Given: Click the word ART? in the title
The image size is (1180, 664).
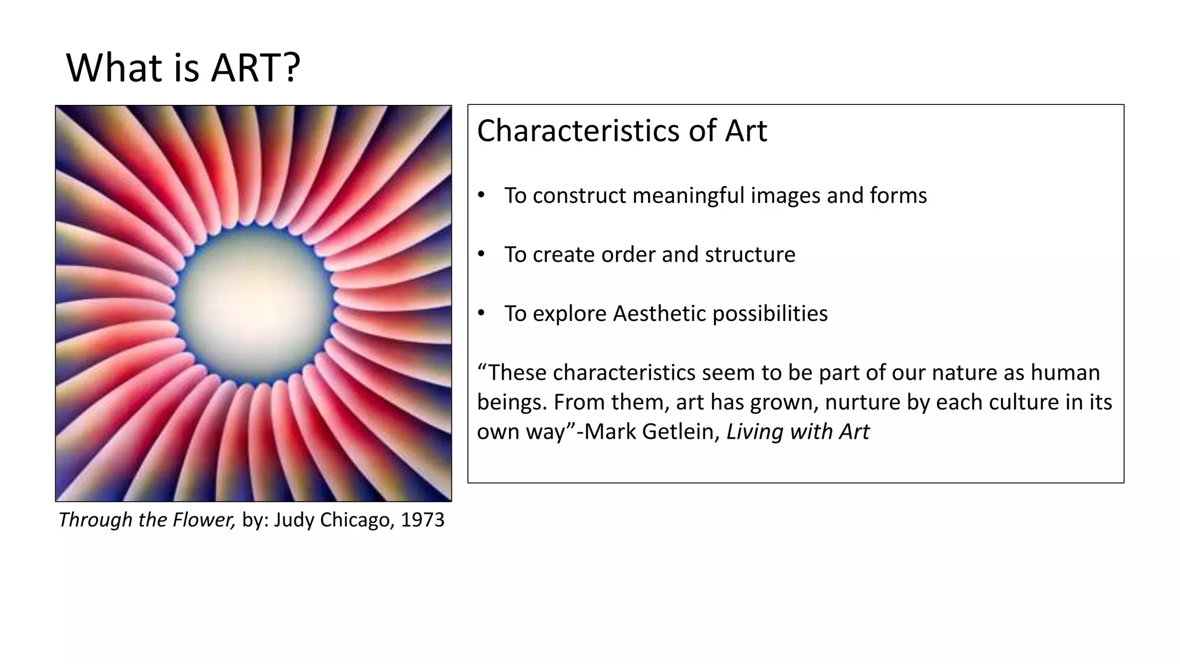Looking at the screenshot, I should pyautogui.click(x=255, y=68).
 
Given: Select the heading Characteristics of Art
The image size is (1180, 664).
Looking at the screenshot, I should pyautogui.click(x=622, y=131).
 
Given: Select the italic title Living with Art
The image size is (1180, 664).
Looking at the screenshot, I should pyautogui.click(x=797, y=432).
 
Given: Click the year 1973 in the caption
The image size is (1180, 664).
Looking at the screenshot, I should pyautogui.click(x=422, y=520).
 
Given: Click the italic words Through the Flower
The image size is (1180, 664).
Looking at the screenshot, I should pyautogui.click(x=146, y=520).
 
